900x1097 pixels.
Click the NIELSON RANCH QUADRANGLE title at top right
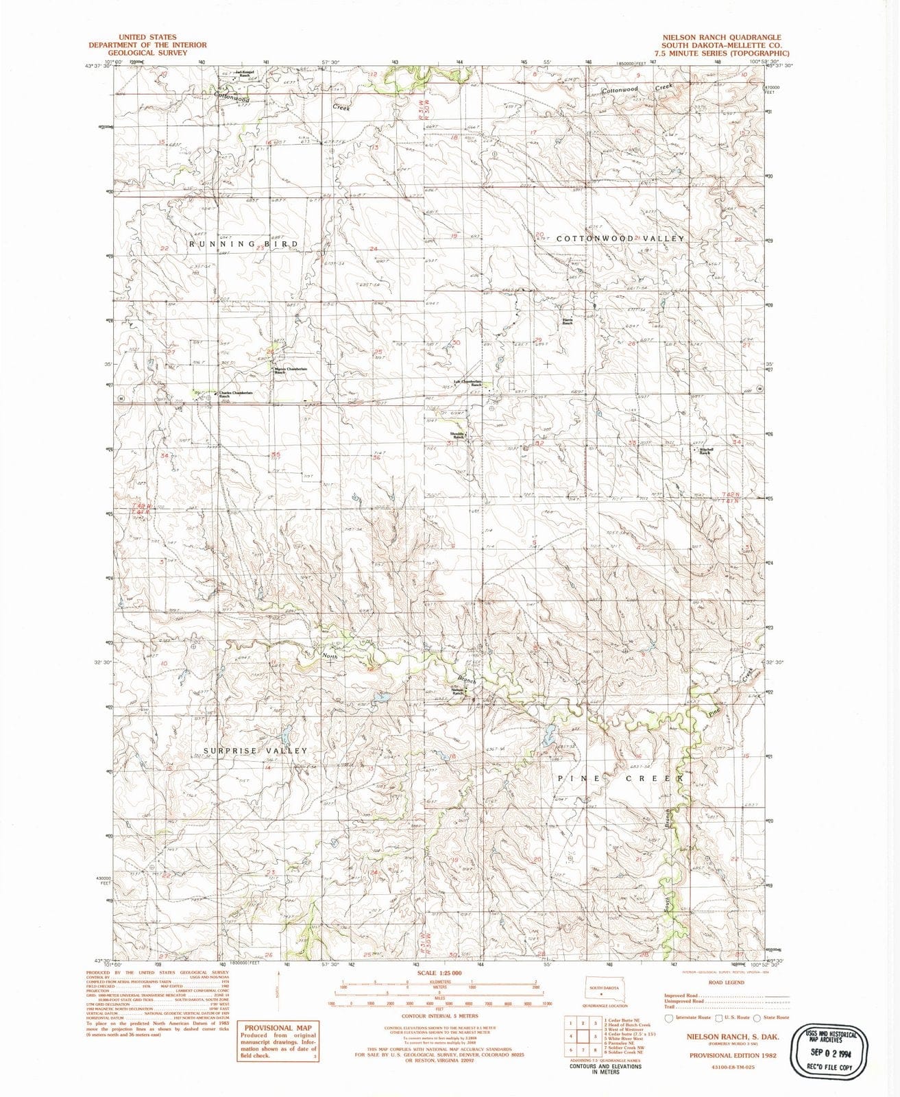point(720,37)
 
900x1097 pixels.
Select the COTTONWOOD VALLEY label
point(620,238)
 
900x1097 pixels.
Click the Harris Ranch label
point(568,321)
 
